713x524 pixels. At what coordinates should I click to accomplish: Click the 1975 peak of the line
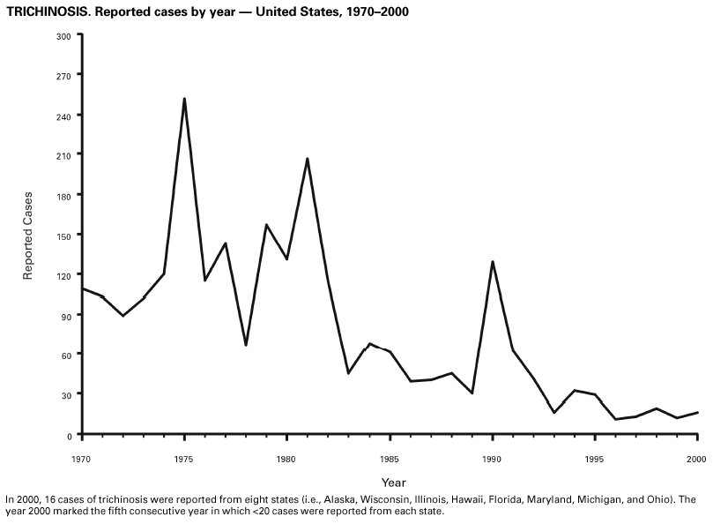(184, 99)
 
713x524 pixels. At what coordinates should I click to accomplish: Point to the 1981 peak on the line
(307, 159)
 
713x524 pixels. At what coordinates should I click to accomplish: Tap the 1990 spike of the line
(492, 261)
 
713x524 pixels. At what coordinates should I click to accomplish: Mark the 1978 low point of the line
(246, 345)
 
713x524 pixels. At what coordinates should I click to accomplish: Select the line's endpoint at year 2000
(697, 412)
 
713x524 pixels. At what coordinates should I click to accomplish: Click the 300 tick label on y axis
(63, 36)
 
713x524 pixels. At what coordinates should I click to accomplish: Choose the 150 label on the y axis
(63, 235)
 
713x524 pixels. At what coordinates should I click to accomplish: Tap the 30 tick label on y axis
(65, 394)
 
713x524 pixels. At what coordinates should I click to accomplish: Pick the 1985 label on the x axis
(389, 459)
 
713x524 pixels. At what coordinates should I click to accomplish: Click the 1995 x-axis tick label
(594, 459)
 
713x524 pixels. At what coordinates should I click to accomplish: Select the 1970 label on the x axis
(82, 459)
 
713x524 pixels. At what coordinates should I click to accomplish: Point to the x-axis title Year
(394, 482)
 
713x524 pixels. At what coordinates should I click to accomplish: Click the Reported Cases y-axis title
(28, 236)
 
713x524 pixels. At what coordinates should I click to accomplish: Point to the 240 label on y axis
(63, 116)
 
